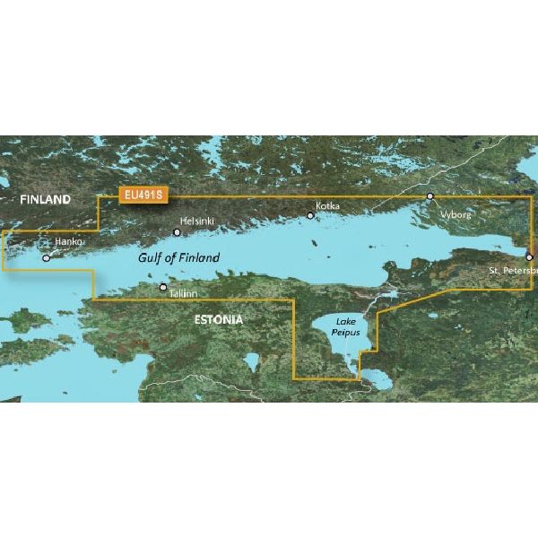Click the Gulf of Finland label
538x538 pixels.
click(178, 258)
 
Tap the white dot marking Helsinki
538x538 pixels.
click(177, 231)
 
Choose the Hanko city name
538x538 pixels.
click(67, 243)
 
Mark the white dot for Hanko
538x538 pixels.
click(46, 257)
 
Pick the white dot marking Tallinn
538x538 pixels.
click(163, 288)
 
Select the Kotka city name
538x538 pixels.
click(328, 205)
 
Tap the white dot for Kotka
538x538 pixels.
click(310, 215)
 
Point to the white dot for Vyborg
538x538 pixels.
click(430, 195)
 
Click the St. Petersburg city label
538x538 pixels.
click(512, 270)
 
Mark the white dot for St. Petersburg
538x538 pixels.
click(529, 256)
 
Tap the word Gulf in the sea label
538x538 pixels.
click(149, 258)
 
